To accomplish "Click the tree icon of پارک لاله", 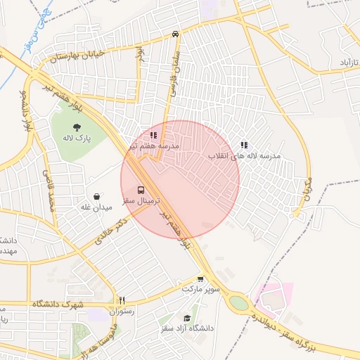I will click(77, 127).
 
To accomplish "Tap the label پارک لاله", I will click(77, 139).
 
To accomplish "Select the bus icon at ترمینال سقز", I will click(141, 190).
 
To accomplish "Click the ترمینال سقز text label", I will click(141, 201).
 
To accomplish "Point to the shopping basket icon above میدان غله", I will click(96, 196).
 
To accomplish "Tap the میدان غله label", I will click(96, 207).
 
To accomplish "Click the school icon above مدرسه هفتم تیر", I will click(153, 134).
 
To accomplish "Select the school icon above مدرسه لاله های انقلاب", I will click(244, 145).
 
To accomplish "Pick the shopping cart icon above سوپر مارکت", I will click(201, 278).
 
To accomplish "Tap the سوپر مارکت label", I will click(201, 289).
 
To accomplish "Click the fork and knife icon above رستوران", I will click(121, 300).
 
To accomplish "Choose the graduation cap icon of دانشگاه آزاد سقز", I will click(186, 317).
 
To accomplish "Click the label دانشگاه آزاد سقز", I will click(186, 328).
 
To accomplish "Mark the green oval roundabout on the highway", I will click(239, 303).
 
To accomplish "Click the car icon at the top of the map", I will click(175, 34).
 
